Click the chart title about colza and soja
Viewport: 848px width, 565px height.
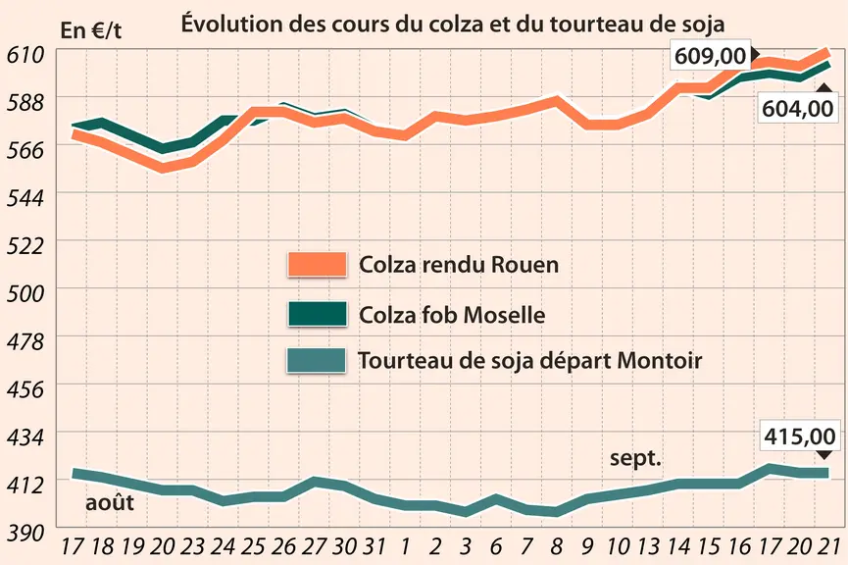pyautogui.click(x=453, y=25)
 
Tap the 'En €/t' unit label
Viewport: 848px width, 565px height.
pyautogui.click(x=91, y=30)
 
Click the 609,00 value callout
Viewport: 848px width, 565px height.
pyautogui.click(x=710, y=55)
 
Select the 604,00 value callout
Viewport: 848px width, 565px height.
pyautogui.click(x=798, y=108)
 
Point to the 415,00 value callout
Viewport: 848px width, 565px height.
pyautogui.click(x=800, y=436)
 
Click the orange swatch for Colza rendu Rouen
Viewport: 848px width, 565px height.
pyautogui.click(x=317, y=265)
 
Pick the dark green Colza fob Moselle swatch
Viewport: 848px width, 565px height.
pyautogui.click(x=317, y=314)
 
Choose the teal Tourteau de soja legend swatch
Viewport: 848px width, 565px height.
pyautogui.click(x=317, y=360)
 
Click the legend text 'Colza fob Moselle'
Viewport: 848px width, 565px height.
pyautogui.click(x=452, y=315)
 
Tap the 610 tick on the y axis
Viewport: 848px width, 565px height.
pyautogui.click(x=25, y=55)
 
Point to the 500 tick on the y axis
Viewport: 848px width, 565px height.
pyautogui.click(x=25, y=294)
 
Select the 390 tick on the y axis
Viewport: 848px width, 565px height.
pyautogui.click(x=25, y=533)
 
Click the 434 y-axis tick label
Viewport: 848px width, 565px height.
pyautogui.click(x=25, y=437)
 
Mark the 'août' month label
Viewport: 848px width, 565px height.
pyautogui.click(x=110, y=503)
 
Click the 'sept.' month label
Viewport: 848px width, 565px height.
pyautogui.click(x=635, y=459)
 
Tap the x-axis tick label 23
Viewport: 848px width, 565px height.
pyautogui.click(x=192, y=546)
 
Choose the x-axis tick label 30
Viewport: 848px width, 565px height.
pyautogui.click(x=343, y=546)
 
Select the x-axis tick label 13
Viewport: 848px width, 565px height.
pyautogui.click(x=648, y=546)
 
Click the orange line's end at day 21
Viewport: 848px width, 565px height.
pyautogui.click(x=828, y=53)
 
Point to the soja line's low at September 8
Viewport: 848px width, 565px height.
pyautogui.click(x=556, y=511)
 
